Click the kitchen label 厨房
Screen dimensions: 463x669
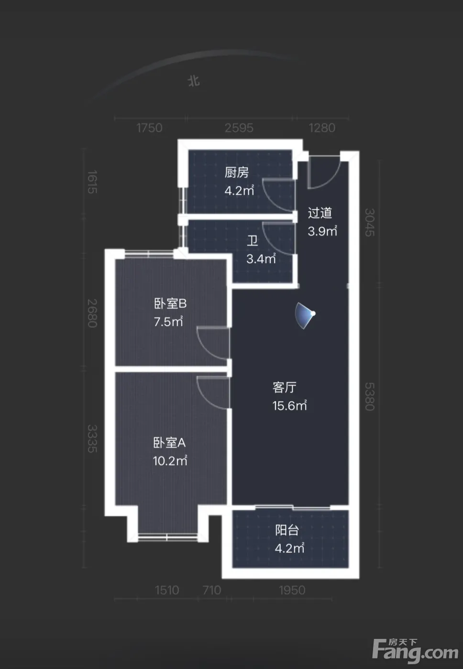coord(236,173)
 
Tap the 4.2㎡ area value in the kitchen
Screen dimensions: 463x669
coord(239,191)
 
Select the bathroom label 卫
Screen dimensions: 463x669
coord(253,240)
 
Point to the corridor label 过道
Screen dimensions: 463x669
coord(320,213)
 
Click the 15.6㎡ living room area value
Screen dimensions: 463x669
coord(289,406)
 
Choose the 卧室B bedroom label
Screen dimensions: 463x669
coord(170,304)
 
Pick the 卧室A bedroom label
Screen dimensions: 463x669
coord(169,442)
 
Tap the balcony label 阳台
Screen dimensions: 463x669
coord(287,530)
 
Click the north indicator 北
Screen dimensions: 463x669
coord(194,81)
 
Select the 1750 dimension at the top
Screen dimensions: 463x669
coord(149,128)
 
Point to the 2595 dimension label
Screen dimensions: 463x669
coord(239,128)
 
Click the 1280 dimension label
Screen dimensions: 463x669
coord(322,128)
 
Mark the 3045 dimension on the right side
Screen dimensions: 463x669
coord(369,223)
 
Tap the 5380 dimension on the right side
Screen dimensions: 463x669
coord(369,397)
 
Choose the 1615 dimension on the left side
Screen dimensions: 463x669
coord(92,182)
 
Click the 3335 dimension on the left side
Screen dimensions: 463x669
coord(92,439)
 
